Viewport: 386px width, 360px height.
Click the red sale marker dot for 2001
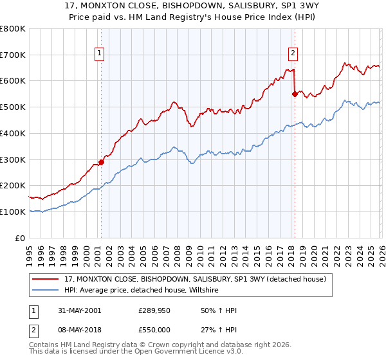(101, 162)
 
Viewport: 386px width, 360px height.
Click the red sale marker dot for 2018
(295, 94)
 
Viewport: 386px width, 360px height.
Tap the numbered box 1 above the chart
(100, 53)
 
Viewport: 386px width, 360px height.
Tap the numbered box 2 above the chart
(293, 53)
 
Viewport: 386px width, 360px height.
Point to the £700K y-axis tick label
(13, 55)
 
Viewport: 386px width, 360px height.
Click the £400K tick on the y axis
(13, 133)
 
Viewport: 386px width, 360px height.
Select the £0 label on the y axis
(21, 238)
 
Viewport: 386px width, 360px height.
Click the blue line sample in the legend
(46, 290)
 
